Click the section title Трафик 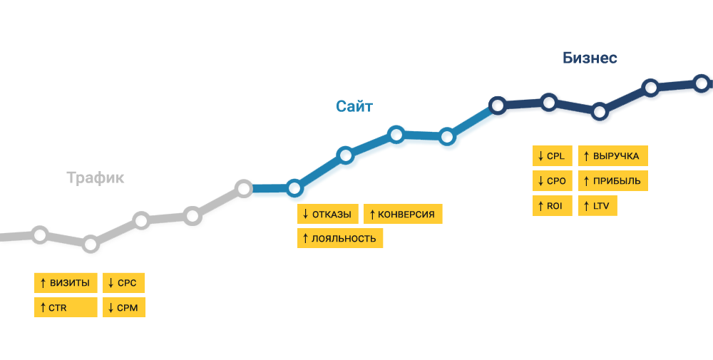click(95, 178)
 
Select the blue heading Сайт click(354, 106)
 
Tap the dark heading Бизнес click(590, 58)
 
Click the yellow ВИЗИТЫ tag click(66, 283)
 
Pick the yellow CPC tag click(123, 283)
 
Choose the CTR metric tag click(66, 307)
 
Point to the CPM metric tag click(123, 307)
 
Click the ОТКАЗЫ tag click(328, 214)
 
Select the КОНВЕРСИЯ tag click(403, 214)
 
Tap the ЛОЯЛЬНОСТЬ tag click(340, 238)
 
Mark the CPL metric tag click(553, 156)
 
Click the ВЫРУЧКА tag click(613, 156)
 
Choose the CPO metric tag click(553, 181)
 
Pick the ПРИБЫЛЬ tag click(613, 181)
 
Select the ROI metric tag click(553, 206)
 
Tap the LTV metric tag click(597, 206)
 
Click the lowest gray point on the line click(91, 244)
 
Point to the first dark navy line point click(498, 106)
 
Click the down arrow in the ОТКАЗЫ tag click(305, 214)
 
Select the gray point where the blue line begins click(244, 188)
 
